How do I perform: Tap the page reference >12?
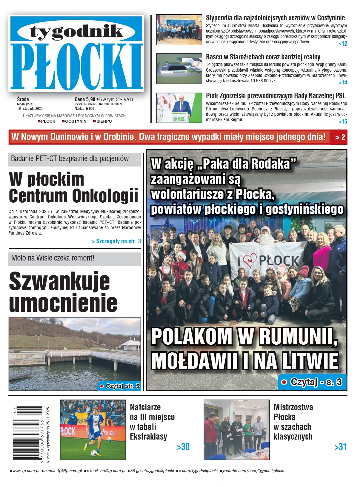click(343, 44)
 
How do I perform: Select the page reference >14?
click(343, 83)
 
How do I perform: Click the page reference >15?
click(343, 121)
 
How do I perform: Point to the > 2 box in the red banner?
click(340, 137)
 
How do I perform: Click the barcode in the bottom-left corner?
click(28, 433)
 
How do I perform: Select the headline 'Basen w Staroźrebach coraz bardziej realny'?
click(263, 57)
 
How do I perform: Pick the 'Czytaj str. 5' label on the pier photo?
click(120, 386)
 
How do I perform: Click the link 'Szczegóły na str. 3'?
click(116, 241)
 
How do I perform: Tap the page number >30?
click(183, 447)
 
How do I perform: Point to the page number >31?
click(340, 447)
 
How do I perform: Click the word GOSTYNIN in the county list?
click(76, 121)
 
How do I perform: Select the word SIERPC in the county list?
click(104, 121)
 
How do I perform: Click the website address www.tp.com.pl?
click(26, 471)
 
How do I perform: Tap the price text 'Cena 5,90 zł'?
click(87, 99)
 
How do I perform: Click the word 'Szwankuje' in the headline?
click(59, 281)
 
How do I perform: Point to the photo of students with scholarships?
click(179, 30)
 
